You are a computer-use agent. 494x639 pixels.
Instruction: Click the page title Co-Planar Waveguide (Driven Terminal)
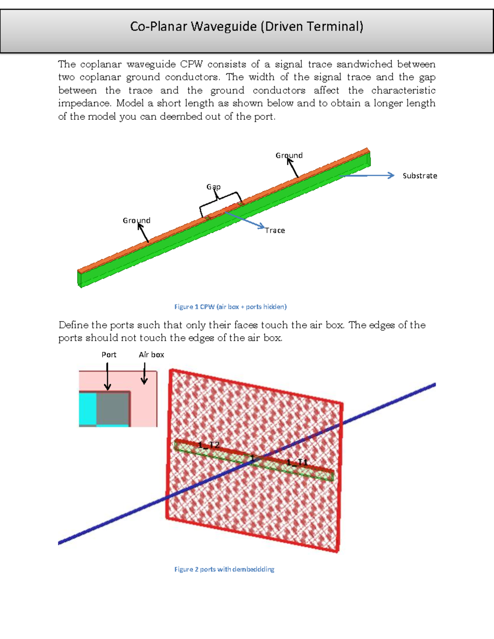247,27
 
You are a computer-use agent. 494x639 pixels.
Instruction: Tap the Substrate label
419,176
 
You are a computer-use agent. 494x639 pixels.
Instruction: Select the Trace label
275,230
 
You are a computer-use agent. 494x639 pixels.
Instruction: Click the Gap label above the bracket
213,187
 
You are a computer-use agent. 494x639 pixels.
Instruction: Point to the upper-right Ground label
289,155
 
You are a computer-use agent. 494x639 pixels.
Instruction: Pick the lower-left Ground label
136,221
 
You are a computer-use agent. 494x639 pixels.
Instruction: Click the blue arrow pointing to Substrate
366,176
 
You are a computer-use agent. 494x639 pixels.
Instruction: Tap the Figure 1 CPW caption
230,307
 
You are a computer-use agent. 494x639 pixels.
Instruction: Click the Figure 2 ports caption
224,569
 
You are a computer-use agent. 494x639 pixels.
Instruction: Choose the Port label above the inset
109,355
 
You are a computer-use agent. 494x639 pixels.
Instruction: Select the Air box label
151,355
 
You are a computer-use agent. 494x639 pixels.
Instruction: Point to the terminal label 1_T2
209,445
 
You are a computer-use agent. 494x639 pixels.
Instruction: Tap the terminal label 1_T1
297,462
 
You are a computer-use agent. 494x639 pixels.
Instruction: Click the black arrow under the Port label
107,376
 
